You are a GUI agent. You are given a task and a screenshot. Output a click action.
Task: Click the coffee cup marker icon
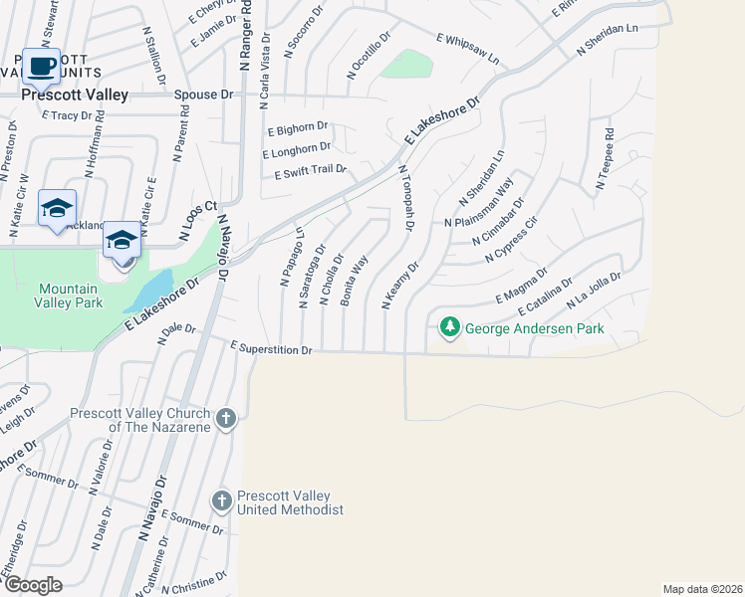(x=41, y=67)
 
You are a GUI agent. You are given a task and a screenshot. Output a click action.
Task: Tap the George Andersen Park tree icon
(x=450, y=326)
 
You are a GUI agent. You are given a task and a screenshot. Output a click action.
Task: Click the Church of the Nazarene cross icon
(x=226, y=418)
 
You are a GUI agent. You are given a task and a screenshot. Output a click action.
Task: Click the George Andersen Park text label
(x=535, y=327)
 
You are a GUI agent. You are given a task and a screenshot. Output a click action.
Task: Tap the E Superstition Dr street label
(x=272, y=349)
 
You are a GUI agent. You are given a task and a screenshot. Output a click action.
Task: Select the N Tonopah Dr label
(x=405, y=199)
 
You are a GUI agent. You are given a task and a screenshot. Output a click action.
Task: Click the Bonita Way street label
(x=356, y=280)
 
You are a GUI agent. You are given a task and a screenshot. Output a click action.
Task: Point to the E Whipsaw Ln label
(x=467, y=48)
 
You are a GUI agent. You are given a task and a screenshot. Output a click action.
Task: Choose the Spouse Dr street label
(x=202, y=96)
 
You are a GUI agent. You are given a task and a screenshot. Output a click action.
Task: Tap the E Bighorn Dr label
(x=298, y=128)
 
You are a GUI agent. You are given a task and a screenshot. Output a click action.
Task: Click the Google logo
(x=32, y=585)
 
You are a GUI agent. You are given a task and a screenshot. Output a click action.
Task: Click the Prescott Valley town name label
(x=75, y=96)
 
